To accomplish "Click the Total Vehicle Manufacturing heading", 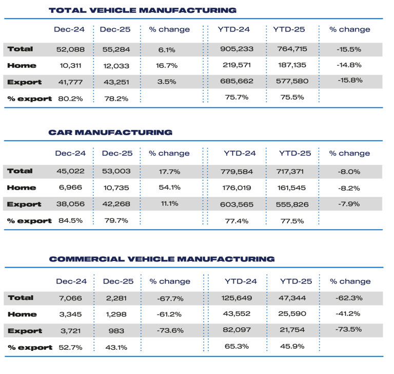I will point(142,10).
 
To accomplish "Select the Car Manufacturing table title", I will point(110,132).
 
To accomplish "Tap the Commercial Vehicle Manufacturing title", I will point(161,259).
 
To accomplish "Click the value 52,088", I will point(70,49).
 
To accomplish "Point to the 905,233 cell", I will point(237,49).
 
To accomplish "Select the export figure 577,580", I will point(289,81).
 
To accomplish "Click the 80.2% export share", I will point(70,98).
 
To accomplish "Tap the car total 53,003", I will point(117,171).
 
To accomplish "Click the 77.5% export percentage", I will point(291,221).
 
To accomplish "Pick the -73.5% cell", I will point(349,331).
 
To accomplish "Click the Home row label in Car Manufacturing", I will point(22,188).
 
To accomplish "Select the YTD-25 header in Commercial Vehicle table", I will point(295,281).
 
